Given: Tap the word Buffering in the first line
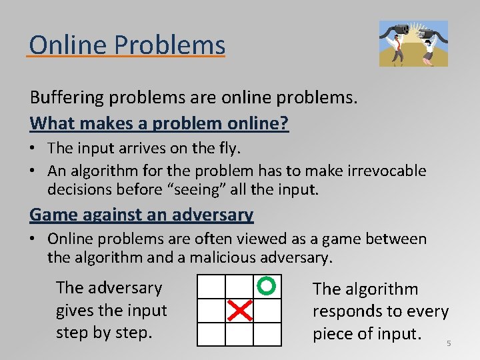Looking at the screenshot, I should [x=69, y=97].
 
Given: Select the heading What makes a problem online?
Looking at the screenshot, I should [x=159, y=123].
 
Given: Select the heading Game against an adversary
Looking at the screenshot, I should [x=141, y=215].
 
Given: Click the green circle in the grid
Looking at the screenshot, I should [x=266, y=286].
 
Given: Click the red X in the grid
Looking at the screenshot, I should [x=239, y=310].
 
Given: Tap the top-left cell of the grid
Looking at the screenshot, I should [x=211, y=287].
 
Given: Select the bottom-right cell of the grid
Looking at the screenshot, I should [x=267, y=333].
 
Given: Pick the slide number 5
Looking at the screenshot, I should [x=449, y=343].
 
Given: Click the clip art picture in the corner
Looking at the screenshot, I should [x=413, y=43].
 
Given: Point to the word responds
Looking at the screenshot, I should [x=346, y=311].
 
